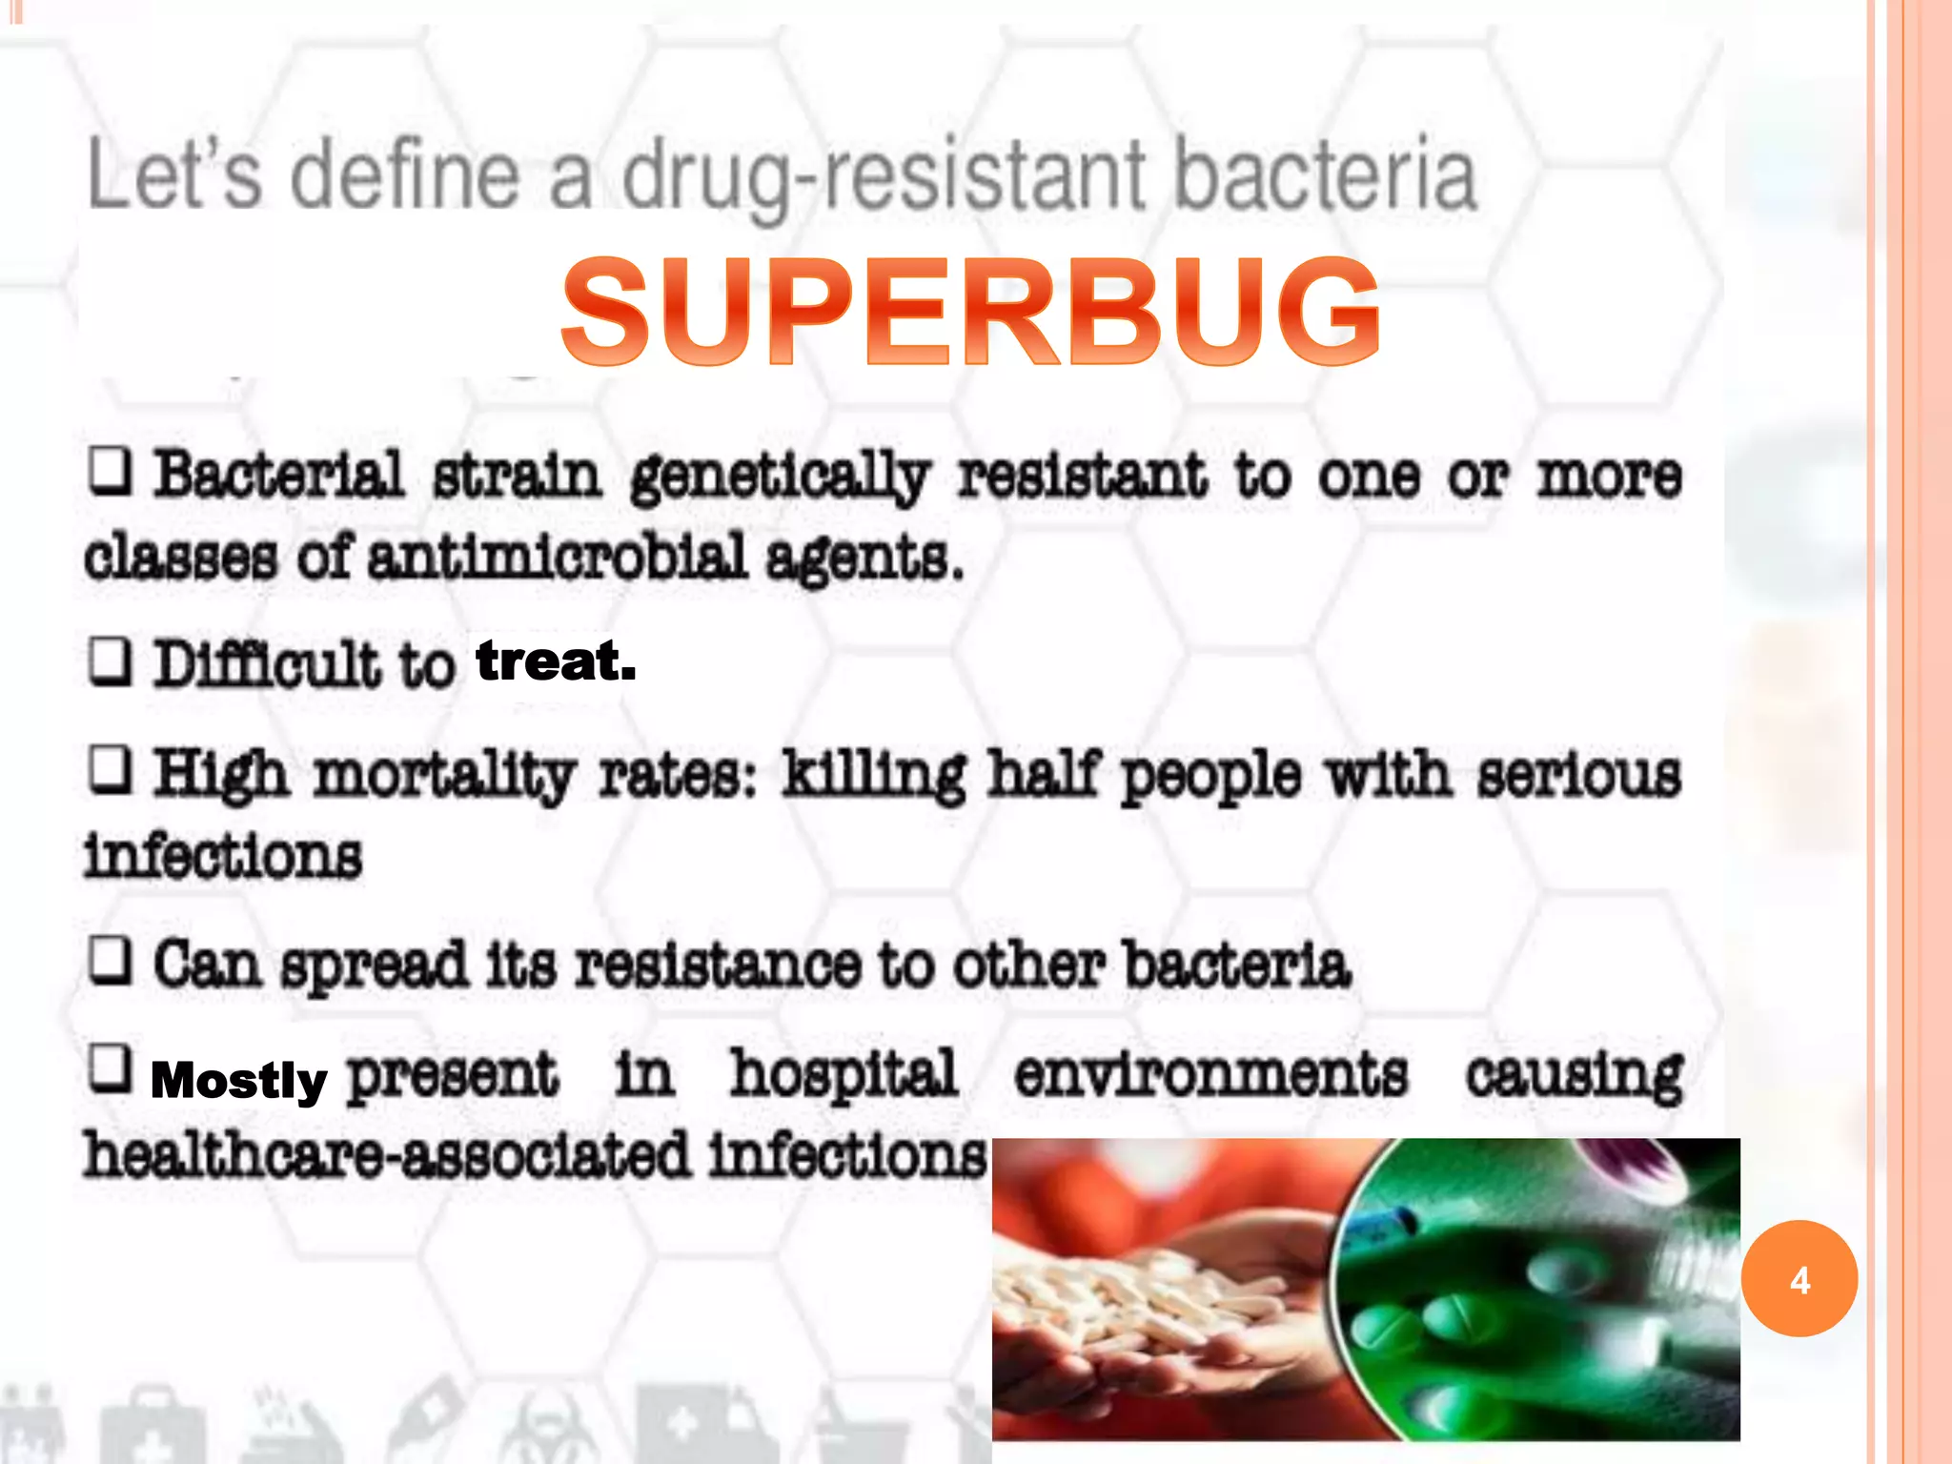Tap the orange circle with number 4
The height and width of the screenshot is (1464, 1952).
(1799, 1279)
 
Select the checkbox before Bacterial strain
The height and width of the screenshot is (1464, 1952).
(110, 471)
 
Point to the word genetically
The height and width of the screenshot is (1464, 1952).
(780, 477)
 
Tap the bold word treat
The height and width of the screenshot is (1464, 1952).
(556, 661)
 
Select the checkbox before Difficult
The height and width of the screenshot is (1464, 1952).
(110, 661)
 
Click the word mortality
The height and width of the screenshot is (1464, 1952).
(444, 775)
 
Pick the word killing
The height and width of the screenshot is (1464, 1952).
(873, 775)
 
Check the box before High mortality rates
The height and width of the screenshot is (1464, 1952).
(110, 770)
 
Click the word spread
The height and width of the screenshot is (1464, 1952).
(374, 966)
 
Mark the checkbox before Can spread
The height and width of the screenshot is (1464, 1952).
(110, 960)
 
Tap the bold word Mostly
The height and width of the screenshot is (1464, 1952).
(239, 1080)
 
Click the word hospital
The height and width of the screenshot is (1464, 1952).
(844, 1074)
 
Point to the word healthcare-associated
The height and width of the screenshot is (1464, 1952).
(386, 1155)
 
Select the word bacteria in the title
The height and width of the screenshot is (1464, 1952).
(1325, 176)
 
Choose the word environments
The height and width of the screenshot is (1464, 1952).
(1210, 1074)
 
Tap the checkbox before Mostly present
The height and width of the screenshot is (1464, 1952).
(110, 1068)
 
